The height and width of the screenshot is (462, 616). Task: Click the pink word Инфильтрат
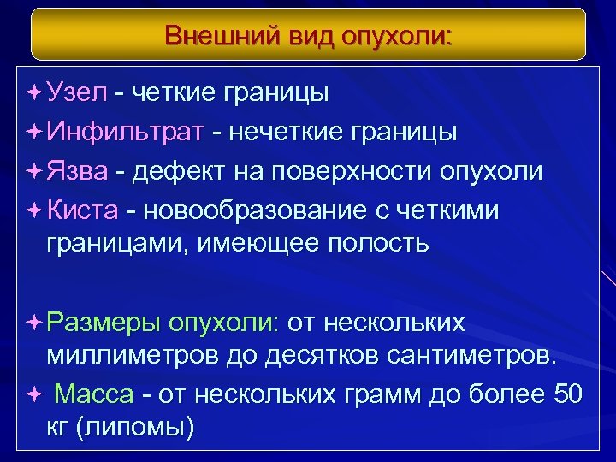pos(126,132)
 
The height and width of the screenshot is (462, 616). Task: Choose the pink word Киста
pos(83,210)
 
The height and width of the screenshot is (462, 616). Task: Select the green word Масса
pos(94,394)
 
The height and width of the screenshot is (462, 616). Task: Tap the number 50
pos(566,394)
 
